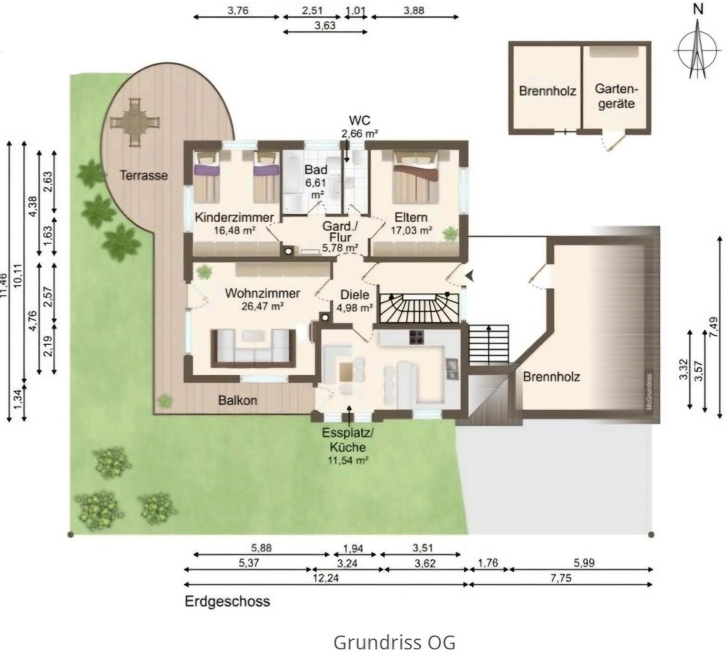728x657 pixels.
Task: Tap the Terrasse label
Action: [143, 175]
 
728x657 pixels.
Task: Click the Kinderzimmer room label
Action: [234, 218]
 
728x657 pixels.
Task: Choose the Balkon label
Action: [238, 400]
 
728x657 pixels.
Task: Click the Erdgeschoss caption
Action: [227, 602]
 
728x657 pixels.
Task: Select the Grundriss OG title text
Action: [394, 642]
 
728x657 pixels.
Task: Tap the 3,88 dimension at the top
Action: [413, 10]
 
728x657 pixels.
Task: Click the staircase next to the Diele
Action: [419, 308]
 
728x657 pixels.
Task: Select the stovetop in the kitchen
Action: [418, 338]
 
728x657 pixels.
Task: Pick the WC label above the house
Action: [359, 119]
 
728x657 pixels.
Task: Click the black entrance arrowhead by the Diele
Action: [470, 276]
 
